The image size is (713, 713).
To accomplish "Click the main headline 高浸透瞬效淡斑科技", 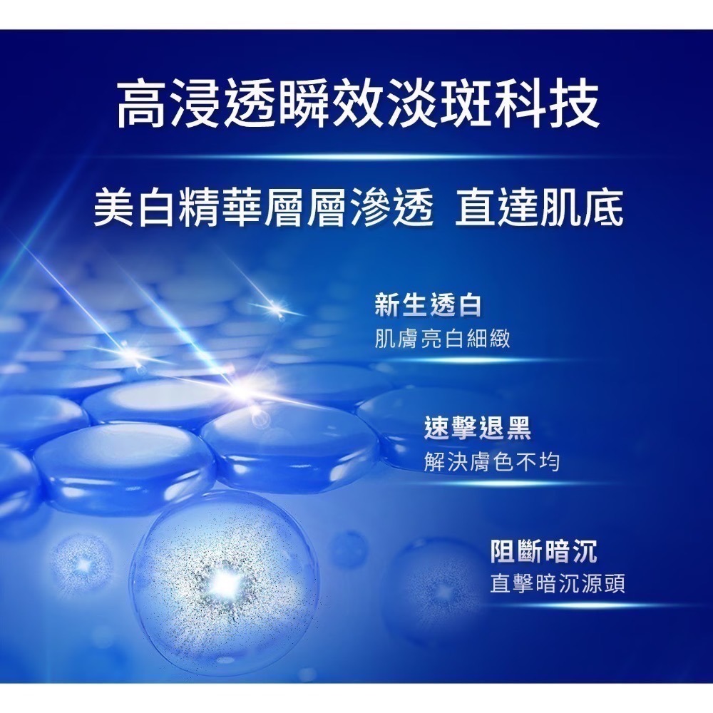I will tap(356, 103).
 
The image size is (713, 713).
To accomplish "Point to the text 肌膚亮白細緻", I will tap(443, 338).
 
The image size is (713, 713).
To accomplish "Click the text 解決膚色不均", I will tap(491, 462).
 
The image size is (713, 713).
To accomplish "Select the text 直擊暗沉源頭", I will tap(558, 585).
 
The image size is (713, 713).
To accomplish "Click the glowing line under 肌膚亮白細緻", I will tap(456, 361).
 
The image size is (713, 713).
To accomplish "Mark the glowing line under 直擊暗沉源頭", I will tap(563, 606).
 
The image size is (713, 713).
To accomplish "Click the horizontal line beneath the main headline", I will tap(356, 156).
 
